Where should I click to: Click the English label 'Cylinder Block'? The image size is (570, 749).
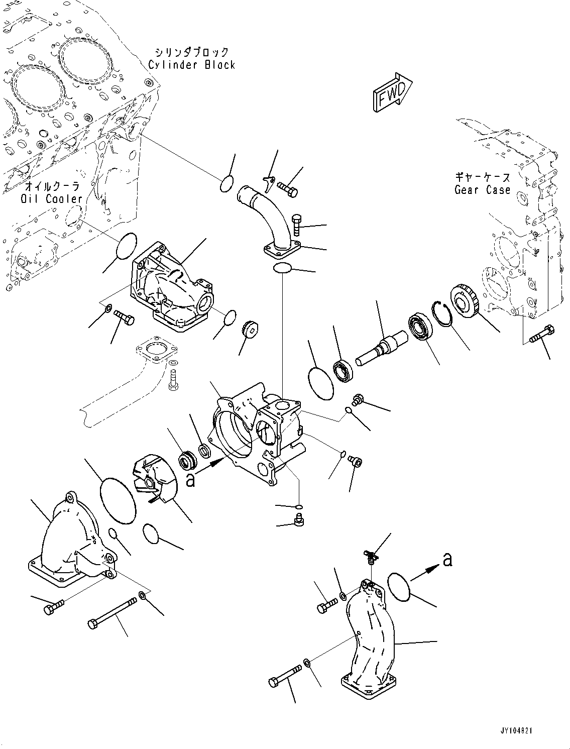[x=192, y=64]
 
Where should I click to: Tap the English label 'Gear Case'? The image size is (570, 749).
[x=482, y=190]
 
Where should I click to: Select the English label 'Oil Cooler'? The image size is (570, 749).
[x=52, y=198]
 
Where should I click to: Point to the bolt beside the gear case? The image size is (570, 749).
[x=542, y=334]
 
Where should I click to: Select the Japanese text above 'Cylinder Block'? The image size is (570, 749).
[x=192, y=52]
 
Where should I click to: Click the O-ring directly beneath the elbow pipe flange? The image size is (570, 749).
[x=282, y=268]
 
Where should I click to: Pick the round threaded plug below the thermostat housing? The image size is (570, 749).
[x=252, y=329]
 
